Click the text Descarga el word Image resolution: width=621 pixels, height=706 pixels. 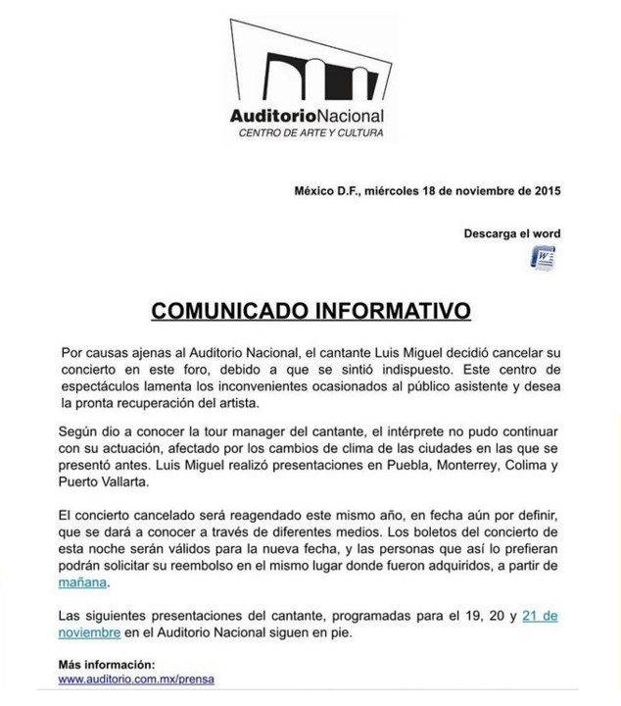pos(511,233)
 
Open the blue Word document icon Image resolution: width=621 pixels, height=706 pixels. pos(543,258)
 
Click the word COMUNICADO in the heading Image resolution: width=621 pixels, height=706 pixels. pos(229,311)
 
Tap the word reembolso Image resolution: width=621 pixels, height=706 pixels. pos(228,566)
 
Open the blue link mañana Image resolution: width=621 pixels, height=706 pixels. pos(82,582)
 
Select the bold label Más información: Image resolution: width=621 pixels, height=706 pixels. pos(106,663)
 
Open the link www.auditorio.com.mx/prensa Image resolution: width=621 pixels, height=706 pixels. pos(136,678)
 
